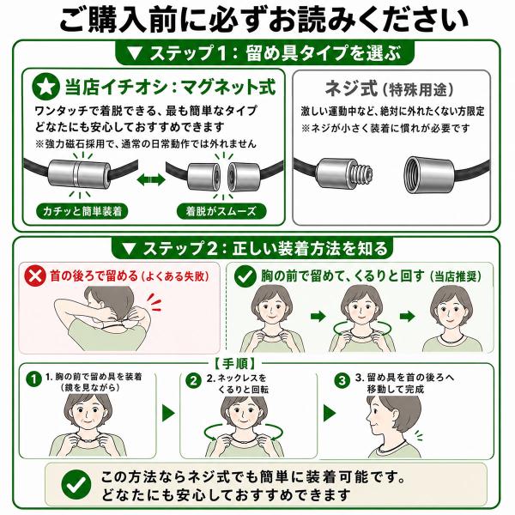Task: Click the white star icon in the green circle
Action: click(x=45, y=87)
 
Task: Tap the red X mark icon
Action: click(x=35, y=276)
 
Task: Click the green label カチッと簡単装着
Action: click(x=82, y=211)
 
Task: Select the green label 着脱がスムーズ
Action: click(x=221, y=211)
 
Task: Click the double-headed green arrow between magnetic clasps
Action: click(x=151, y=179)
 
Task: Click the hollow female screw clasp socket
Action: click(x=429, y=174)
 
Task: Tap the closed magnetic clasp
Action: click(x=77, y=174)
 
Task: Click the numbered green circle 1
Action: click(x=33, y=379)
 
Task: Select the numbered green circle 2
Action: click(x=193, y=381)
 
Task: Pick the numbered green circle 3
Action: click(x=342, y=380)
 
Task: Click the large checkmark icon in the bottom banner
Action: click(x=76, y=485)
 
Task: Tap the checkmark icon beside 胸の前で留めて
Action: click(x=245, y=276)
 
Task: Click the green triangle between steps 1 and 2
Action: click(x=168, y=413)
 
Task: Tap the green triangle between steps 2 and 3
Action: click(x=330, y=413)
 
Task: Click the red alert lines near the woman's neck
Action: click(x=154, y=302)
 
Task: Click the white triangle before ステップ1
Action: click(x=135, y=53)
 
